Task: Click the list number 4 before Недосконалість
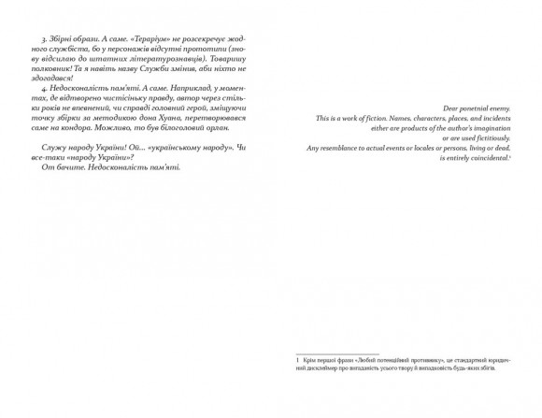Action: click(44, 98)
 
